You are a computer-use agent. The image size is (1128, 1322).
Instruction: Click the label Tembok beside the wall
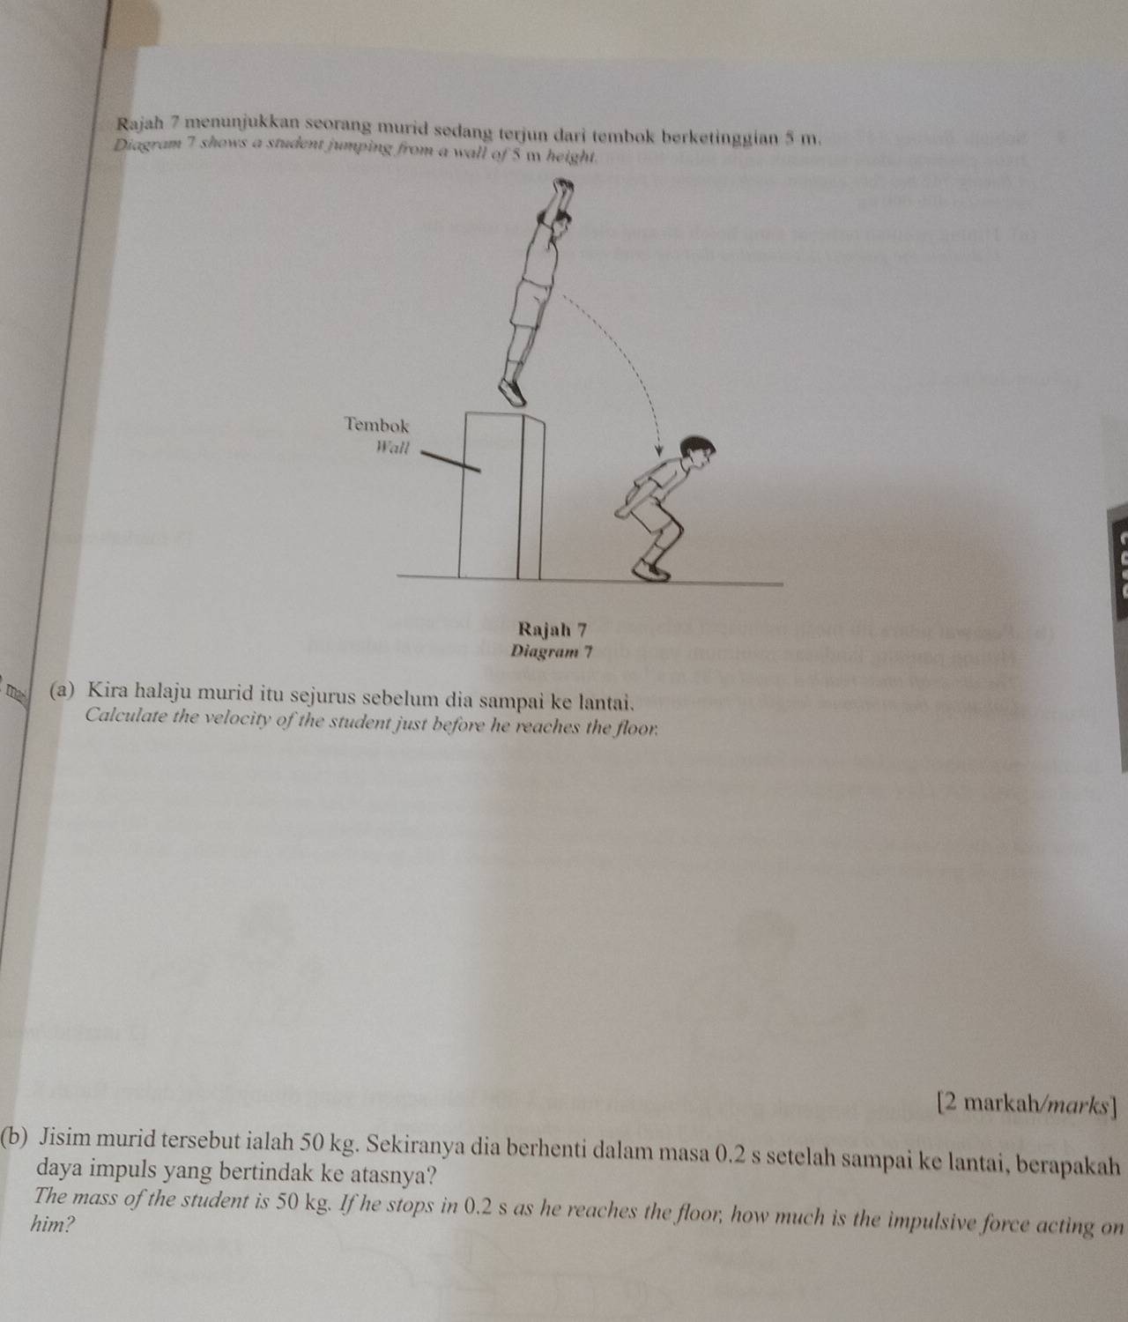376,425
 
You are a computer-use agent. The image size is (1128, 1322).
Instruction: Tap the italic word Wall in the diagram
393,447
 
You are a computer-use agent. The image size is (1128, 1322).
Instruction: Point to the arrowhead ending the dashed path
658,451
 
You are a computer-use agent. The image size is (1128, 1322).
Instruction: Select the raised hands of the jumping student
563,188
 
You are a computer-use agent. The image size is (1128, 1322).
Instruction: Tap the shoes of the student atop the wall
513,391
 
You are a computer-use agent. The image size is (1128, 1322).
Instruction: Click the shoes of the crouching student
651,571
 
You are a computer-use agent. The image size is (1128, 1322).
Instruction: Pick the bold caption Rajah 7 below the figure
552,629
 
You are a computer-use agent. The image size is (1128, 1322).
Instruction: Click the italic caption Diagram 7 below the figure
552,652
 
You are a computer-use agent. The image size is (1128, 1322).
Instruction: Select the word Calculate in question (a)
125,715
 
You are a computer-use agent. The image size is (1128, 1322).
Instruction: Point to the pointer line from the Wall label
449,463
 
